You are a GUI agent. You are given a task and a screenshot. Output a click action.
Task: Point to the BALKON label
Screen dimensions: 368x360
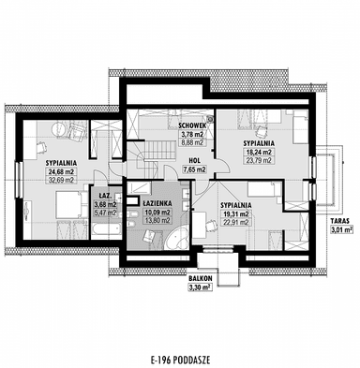click(x=198, y=279)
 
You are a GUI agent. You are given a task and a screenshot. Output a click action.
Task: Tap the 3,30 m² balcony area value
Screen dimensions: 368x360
click(x=198, y=288)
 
